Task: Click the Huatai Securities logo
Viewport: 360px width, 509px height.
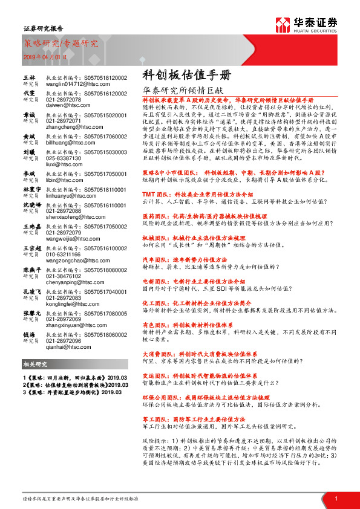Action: pos(306,24)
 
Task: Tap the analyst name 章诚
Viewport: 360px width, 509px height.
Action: pos(28,114)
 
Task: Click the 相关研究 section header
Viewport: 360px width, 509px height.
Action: pos(36,364)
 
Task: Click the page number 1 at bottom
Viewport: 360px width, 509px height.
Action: pos(336,498)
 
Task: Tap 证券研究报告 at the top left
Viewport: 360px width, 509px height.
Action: pos(42,28)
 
